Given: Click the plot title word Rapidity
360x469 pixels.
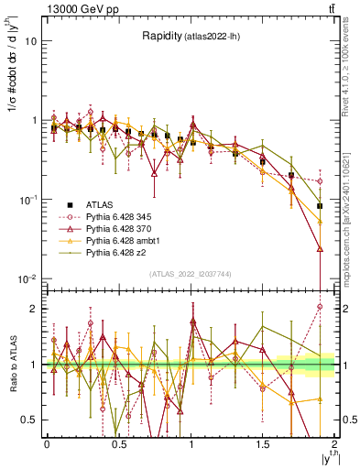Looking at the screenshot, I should (161, 36).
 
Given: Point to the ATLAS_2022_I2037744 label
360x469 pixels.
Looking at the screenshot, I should (190, 273).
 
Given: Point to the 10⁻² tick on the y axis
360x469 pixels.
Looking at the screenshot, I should (29, 278).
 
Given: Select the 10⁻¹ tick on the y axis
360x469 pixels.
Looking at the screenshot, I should (29, 200).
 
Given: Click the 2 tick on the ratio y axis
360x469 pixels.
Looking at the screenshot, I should (34, 309).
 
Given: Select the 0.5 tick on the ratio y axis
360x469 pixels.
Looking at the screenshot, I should (30, 420).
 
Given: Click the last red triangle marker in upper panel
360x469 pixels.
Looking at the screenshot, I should (320, 248).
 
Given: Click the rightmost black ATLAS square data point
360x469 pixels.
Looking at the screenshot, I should (320, 206).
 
